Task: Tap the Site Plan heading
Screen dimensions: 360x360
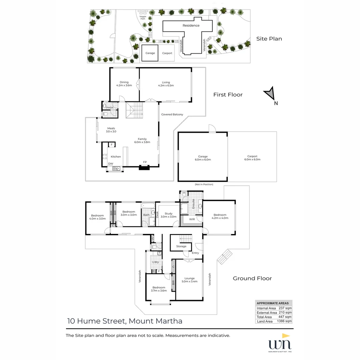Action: [269, 39]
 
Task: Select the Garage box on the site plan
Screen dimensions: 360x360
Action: [150, 53]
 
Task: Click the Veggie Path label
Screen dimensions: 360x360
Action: [143, 17]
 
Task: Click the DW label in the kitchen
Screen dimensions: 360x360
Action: [110, 163]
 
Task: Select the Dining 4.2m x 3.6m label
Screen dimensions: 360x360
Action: [124, 84]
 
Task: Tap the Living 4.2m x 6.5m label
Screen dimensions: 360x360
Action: [166, 84]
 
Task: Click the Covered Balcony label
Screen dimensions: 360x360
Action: [172, 114]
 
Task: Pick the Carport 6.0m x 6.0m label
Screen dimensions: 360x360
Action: [252, 158]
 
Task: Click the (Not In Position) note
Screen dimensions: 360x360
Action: [204, 184]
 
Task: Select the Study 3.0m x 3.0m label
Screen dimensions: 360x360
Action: [168, 215]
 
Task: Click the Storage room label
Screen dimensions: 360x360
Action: [181, 246]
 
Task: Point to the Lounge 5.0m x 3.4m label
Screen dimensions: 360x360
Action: [189, 280]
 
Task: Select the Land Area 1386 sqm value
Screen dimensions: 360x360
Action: [284, 321]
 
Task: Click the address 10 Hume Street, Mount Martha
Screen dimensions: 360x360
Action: [125, 321]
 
